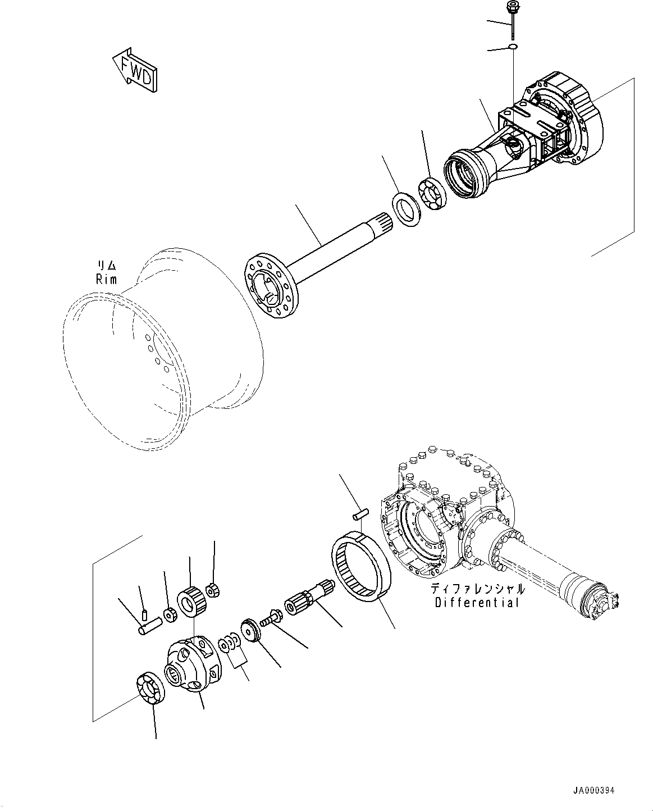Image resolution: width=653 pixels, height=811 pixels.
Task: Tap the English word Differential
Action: pyautogui.click(x=477, y=603)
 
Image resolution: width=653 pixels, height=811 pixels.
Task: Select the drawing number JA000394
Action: pyautogui.click(x=593, y=790)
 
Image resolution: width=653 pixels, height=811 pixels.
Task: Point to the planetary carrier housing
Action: pyautogui.click(x=190, y=663)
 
